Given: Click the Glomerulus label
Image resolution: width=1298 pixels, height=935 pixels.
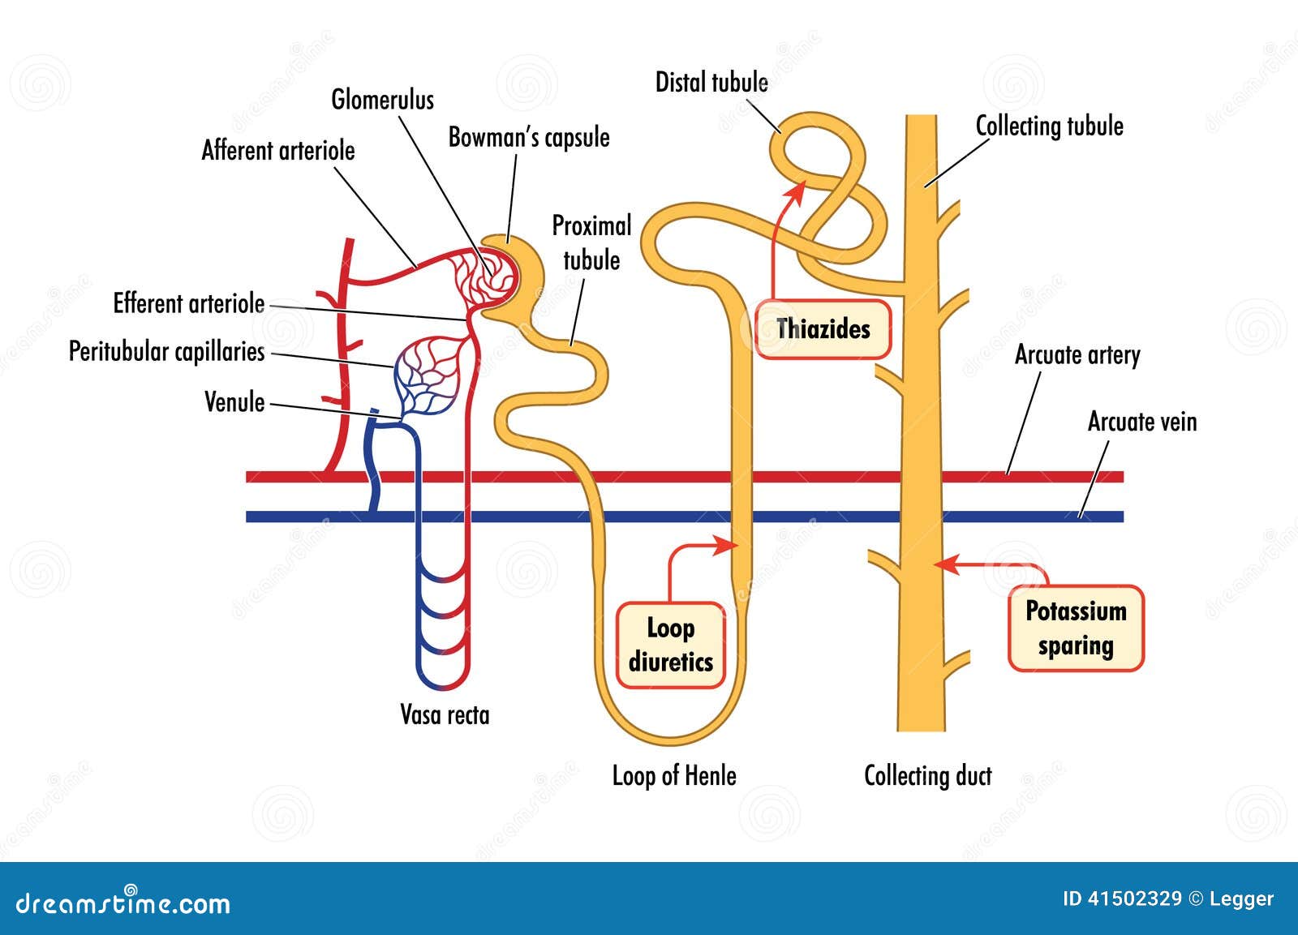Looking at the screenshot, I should [382, 100].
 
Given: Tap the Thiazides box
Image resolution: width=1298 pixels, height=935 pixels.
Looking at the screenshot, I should [823, 328].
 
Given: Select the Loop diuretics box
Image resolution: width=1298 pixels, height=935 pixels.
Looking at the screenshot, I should [670, 645].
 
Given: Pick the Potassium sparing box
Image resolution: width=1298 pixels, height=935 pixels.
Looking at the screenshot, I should [1075, 628].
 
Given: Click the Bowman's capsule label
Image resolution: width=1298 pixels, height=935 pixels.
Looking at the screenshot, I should [529, 137].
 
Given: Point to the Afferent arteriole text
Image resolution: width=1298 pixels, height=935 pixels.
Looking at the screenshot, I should [278, 151].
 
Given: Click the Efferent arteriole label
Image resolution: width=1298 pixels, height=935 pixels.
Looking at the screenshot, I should [189, 303].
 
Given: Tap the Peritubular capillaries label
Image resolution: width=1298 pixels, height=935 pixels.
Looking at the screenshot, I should [166, 351].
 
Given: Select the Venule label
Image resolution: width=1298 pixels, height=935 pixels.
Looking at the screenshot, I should [234, 402].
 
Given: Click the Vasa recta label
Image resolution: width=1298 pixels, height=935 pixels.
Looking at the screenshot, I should [445, 714].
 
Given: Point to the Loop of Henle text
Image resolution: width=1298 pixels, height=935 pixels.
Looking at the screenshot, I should [673, 776].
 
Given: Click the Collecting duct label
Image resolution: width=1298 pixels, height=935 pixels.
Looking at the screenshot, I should [927, 776].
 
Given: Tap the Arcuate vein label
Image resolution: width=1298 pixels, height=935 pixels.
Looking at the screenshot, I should [1141, 422].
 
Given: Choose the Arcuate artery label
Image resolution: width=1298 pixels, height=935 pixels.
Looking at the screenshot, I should [1077, 355].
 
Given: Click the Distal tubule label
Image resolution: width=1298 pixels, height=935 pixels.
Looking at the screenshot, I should [711, 82].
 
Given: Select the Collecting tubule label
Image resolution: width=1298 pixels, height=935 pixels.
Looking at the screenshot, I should [1049, 126].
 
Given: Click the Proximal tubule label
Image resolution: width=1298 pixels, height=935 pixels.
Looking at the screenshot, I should [591, 242].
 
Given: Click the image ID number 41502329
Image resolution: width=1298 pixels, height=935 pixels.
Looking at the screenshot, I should [1134, 899].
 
